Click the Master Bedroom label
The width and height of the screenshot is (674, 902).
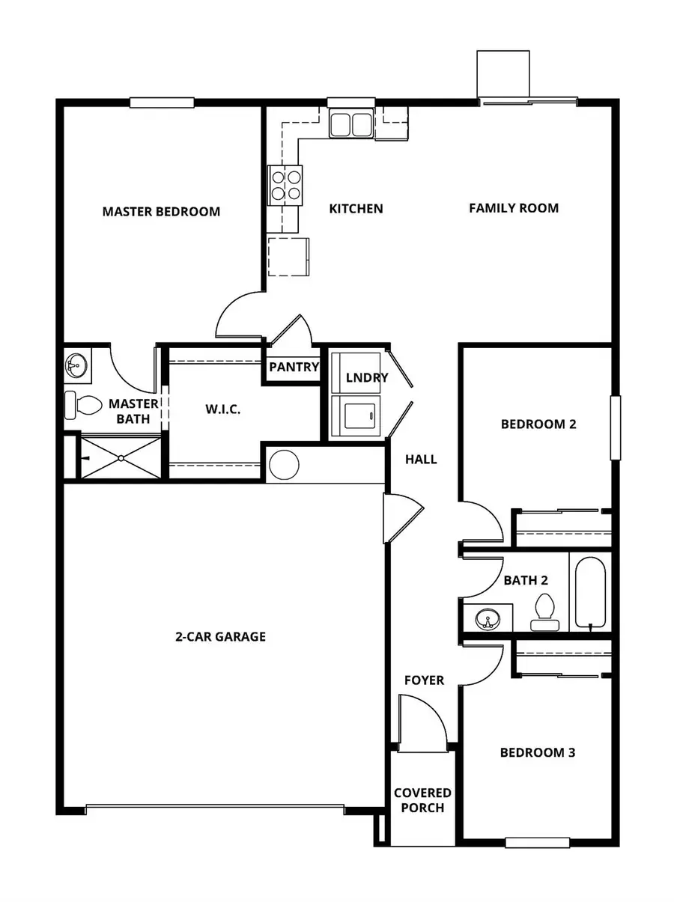[161, 211]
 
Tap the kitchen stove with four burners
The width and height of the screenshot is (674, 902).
[285, 185]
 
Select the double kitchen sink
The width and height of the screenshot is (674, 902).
[350, 124]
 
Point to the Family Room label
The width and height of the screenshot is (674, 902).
[514, 208]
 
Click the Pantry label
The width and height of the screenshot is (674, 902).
[294, 368]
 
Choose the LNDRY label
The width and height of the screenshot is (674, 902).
[367, 377]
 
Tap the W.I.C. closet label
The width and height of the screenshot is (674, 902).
[223, 409]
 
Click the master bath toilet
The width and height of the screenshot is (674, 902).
[83, 405]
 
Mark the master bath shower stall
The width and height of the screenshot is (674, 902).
[121, 457]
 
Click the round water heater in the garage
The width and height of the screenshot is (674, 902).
[284, 465]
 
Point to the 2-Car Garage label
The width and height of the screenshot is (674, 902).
[221, 637]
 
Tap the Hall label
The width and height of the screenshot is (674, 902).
[421, 459]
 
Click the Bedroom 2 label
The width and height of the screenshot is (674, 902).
[538, 424]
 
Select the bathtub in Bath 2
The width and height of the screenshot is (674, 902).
[591, 591]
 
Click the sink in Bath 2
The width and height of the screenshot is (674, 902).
[488, 619]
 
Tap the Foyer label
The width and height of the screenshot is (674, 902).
[424, 680]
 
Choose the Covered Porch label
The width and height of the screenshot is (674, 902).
[423, 800]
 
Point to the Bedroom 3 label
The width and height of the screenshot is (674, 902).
[538, 752]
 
